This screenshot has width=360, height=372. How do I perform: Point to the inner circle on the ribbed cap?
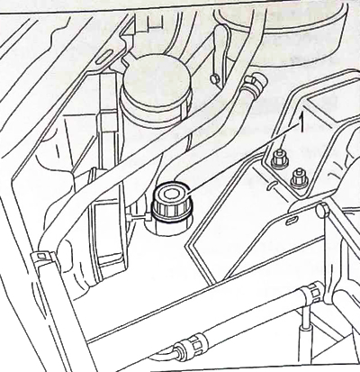pos(169,195)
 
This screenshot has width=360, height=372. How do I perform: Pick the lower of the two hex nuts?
pos(298,179)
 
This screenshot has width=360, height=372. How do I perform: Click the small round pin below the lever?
pos(214,78)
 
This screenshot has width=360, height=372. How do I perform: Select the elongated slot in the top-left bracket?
pos(102,58)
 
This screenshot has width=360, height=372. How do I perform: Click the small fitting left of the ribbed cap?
pos(138,217)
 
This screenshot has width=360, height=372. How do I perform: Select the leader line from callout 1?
pos(243,159)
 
